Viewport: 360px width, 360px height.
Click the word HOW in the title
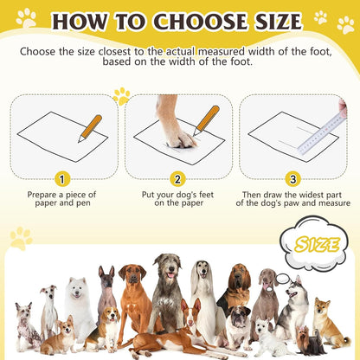point(83,21)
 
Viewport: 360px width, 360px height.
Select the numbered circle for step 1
point(61,179)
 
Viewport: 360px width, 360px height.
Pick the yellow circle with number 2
point(178,179)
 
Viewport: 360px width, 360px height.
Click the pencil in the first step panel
point(90,126)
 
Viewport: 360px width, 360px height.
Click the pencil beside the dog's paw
point(207,119)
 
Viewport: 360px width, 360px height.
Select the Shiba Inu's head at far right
point(323,308)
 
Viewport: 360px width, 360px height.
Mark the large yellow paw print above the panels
point(122,95)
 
